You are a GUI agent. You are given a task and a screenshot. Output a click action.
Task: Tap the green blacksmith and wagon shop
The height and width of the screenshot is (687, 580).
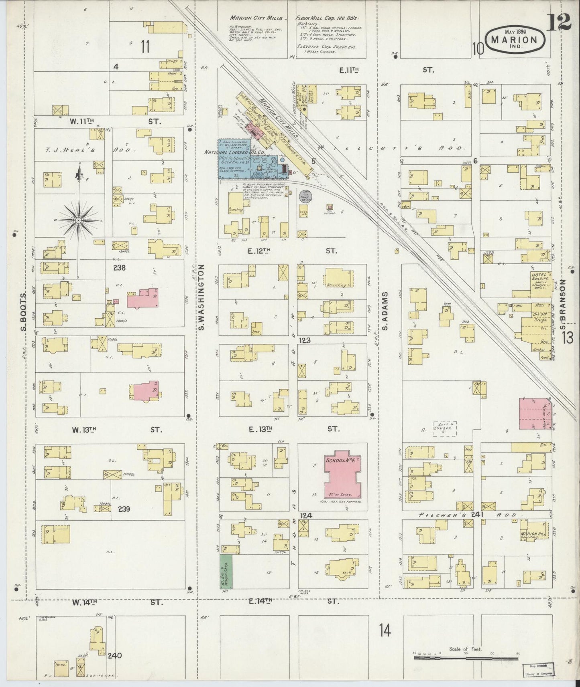tap(226, 572)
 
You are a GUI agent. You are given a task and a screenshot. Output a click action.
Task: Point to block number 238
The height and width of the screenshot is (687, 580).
tap(108, 268)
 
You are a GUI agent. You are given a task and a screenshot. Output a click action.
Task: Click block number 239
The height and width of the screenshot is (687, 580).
tap(125, 509)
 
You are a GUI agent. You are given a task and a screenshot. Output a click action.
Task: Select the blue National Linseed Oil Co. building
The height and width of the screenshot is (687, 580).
tap(235, 158)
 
